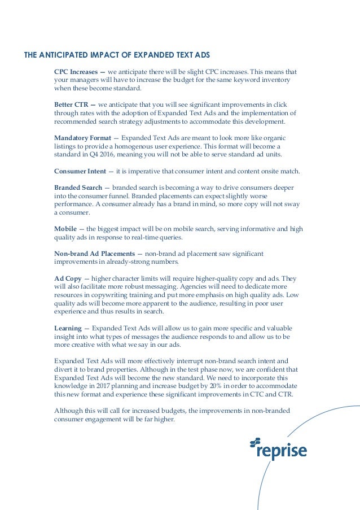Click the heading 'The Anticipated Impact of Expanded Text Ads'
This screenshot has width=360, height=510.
tap(115, 56)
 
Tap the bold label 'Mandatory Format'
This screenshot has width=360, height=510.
tap(82, 138)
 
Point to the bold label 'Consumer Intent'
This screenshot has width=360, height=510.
tap(80, 171)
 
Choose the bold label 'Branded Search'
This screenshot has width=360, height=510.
tap(78, 187)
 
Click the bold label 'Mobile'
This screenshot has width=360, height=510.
tap(65, 228)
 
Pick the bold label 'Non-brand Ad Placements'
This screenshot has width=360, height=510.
tap(94, 253)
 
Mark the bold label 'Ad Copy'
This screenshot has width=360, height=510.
tap(67, 278)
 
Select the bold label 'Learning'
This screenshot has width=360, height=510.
tap(68, 328)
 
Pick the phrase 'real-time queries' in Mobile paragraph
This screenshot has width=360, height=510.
tap(156, 237)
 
